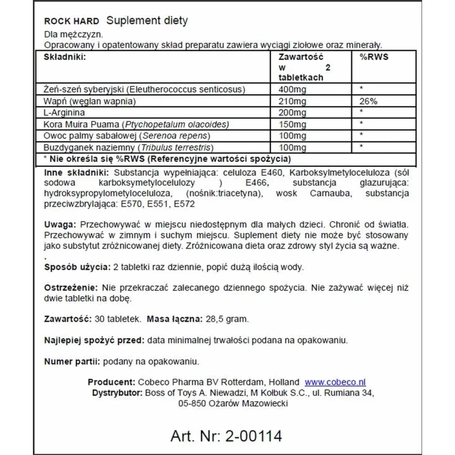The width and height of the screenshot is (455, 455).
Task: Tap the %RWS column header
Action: (373, 57)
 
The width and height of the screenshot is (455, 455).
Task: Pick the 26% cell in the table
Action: (368, 101)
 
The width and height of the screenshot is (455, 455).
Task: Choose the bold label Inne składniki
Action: (76, 173)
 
